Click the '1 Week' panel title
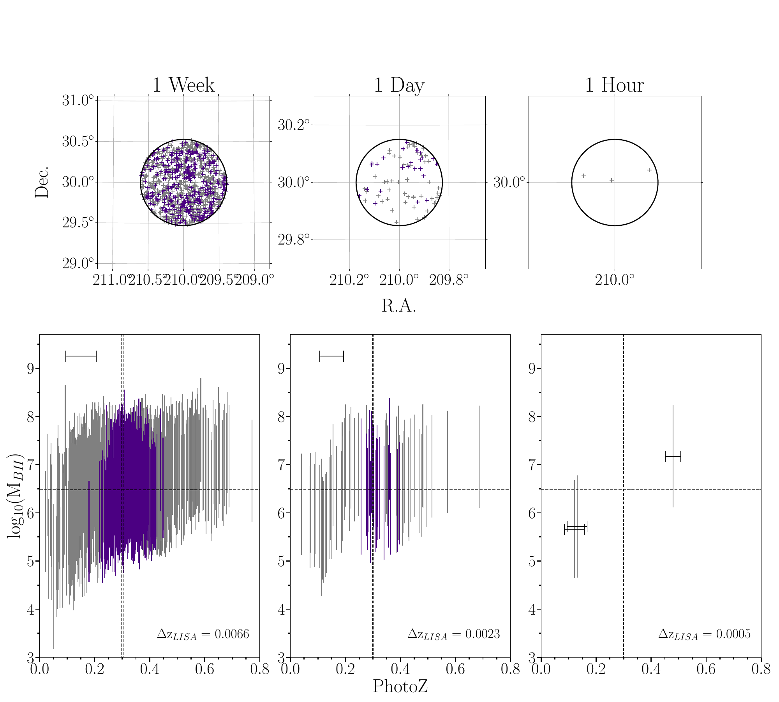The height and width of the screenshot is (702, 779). pos(183,85)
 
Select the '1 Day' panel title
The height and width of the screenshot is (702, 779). pos(399,85)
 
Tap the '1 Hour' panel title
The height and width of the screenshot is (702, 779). pos(614,85)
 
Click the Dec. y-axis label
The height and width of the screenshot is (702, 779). pos(42,182)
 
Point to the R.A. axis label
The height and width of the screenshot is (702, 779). pos(399,306)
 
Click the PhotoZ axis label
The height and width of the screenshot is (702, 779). pos(400,686)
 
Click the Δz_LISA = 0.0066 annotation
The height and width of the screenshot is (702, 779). pos(203,634)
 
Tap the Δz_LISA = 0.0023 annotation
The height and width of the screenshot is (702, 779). pos(453,634)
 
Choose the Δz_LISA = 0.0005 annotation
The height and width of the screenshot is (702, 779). pos(704,634)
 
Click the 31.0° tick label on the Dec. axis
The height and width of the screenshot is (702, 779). pos(78,101)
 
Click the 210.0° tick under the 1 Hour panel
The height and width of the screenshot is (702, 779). pos(615,280)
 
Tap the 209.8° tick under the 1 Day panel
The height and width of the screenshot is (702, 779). pos(448,280)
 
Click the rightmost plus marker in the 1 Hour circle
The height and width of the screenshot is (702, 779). pos(649,170)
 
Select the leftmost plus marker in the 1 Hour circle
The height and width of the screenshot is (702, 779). pos(583,176)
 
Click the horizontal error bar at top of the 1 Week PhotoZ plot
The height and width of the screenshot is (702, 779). pos(81,356)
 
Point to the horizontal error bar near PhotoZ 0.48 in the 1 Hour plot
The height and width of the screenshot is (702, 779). pos(673,456)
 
